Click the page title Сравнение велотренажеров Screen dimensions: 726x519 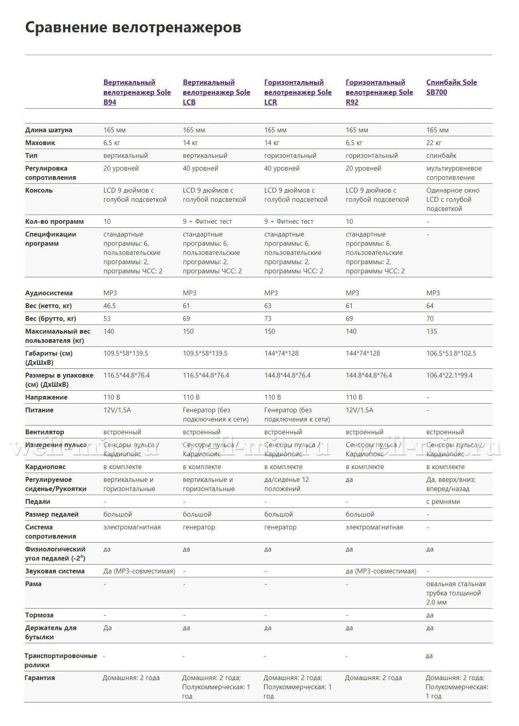pos(133,28)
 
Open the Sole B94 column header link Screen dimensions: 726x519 pos(137,92)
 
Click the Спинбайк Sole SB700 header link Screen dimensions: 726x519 pos(451,87)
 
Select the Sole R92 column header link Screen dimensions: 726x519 pos(379,92)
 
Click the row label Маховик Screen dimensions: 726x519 pos(40,143)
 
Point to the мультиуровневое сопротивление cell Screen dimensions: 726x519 pos(454,173)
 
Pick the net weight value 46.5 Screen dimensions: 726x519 pos(109,306)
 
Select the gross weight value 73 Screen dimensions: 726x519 pos(267,318)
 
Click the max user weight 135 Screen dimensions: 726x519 pos(432,331)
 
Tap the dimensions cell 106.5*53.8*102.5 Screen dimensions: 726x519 pos(451,353)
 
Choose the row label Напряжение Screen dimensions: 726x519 pos(46,397)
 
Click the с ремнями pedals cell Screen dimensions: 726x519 pos(443,501)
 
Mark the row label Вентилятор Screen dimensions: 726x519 pos(44,432)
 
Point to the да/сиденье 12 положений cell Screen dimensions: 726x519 pos(286,484)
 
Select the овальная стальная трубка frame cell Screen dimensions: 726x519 pos(456,593)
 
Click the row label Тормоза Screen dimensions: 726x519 pos(39,615)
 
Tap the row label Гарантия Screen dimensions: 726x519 pos(40,678)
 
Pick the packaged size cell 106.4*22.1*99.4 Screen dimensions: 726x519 pos(449,375)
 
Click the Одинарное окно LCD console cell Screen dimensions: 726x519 pos(452,199)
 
